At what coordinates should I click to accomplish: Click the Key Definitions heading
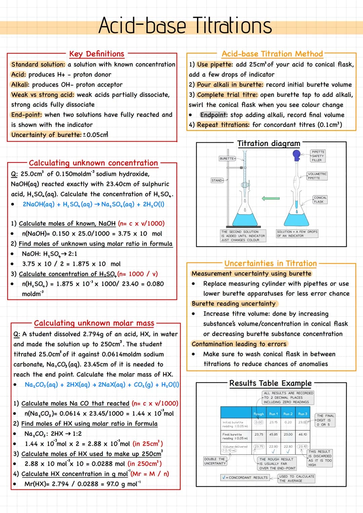[x=96, y=54]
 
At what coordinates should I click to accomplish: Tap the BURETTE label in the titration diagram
[x=227, y=158]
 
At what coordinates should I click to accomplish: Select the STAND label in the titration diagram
[x=217, y=181]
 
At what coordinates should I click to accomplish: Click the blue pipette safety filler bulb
[x=296, y=155]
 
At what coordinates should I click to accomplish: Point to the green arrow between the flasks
[x=271, y=198]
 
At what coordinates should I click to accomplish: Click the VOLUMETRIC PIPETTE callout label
[x=317, y=176]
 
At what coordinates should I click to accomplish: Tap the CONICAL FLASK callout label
[x=320, y=200]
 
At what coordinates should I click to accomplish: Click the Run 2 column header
[x=288, y=414]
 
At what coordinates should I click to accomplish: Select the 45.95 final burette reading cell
[x=273, y=434]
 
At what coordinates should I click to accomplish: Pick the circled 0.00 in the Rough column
[x=259, y=422]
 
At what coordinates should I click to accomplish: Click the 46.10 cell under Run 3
[x=302, y=434]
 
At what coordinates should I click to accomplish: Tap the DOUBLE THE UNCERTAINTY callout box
[x=215, y=461]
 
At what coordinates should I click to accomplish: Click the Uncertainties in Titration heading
[x=271, y=263]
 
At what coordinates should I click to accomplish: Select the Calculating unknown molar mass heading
[x=94, y=323]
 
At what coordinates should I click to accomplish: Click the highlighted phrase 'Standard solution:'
[x=38, y=64]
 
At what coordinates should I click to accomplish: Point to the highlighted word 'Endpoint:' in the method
[x=214, y=115]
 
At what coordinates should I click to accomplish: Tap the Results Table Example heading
[x=271, y=383]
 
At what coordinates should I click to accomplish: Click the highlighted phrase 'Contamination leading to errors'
[x=239, y=344]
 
